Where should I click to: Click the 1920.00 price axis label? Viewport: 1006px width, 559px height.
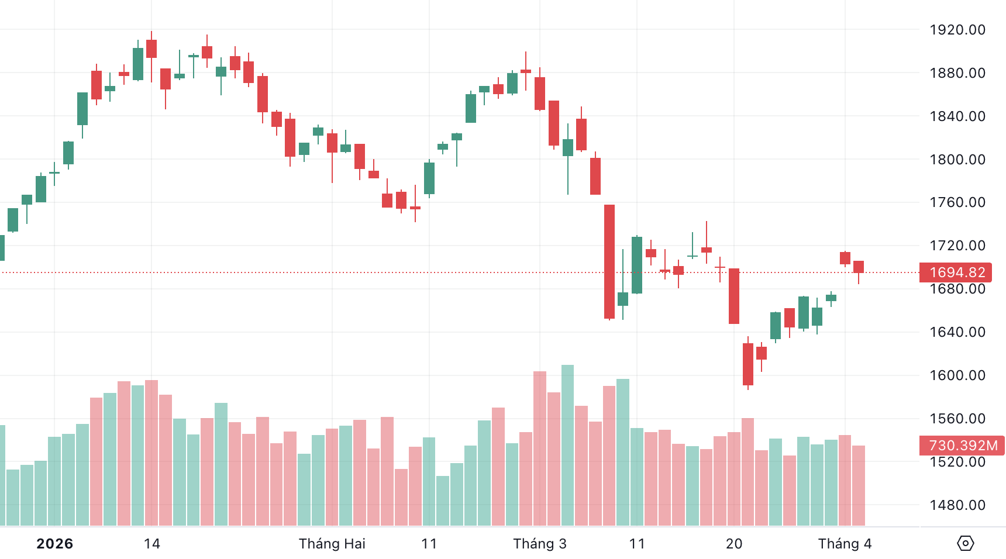pos(957,30)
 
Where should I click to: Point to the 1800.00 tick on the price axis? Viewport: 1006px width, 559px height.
pos(957,160)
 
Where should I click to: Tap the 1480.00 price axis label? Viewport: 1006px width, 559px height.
pos(957,505)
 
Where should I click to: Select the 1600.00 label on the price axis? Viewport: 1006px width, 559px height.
pos(957,375)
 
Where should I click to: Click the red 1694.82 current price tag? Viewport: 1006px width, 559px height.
pos(957,272)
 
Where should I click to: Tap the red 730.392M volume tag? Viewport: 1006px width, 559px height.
pos(962,446)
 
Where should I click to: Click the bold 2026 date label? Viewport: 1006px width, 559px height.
pos(55,544)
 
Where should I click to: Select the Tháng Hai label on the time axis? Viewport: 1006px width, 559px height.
pos(332,544)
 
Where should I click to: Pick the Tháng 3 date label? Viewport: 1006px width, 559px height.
pos(540,544)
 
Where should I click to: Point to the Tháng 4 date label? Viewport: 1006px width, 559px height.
pos(845,544)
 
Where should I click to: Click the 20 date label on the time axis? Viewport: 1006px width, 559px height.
pos(734,544)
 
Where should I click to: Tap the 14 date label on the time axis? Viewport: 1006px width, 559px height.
pos(152,544)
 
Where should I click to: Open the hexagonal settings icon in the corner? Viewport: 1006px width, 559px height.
pos(965,543)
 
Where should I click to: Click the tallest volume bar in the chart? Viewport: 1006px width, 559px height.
pos(567,444)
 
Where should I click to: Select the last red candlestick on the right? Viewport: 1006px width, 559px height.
pos(859,267)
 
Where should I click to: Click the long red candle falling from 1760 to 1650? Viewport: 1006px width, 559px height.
pos(609,261)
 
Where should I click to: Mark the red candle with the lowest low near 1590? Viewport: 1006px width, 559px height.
pos(748,364)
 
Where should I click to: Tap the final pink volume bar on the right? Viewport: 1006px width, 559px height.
pos(859,485)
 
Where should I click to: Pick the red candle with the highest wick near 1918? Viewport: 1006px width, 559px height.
pos(151,49)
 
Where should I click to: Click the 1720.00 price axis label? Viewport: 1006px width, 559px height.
pos(957,246)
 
